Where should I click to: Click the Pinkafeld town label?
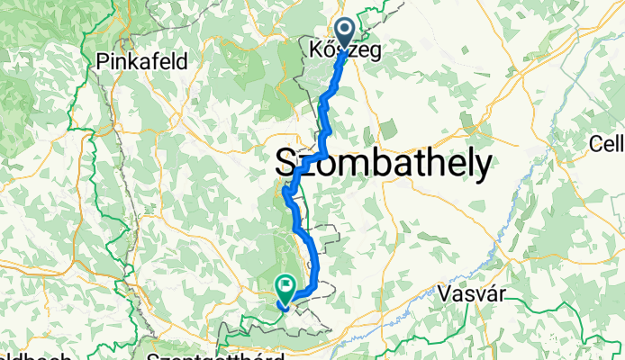(x=141, y=62)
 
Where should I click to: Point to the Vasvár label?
(x=475, y=292)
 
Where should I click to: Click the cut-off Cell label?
(x=607, y=143)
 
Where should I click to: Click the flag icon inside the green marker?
(x=285, y=288)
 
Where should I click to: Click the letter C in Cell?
(x=595, y=143)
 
